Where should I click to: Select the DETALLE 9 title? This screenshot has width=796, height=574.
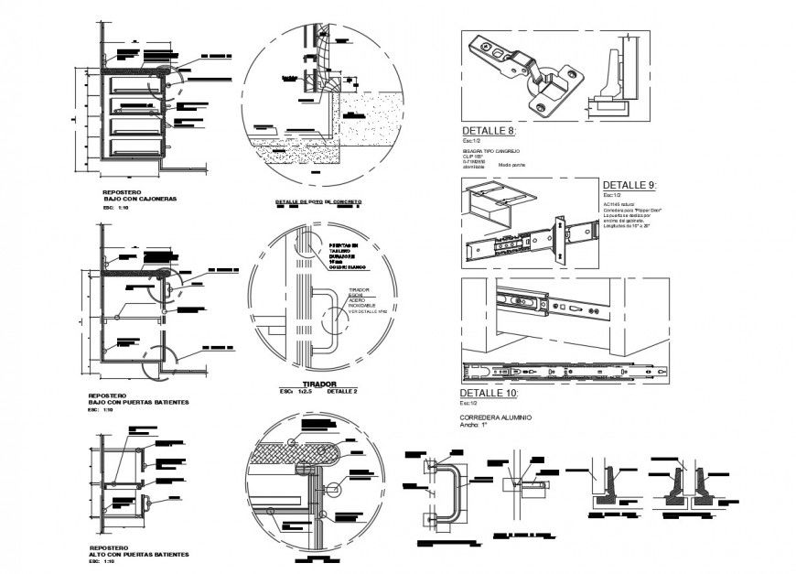point(629,185)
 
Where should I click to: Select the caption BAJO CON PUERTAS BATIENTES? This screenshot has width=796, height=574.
point(139,403)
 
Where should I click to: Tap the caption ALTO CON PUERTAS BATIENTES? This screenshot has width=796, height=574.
point(139,555)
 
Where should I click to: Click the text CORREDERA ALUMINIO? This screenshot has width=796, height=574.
point(495,417)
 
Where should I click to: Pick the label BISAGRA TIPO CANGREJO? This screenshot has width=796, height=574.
point(490,150)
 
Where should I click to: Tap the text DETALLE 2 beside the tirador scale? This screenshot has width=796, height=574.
point(342,393)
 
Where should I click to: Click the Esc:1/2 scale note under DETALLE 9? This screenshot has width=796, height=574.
point(611,195)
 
